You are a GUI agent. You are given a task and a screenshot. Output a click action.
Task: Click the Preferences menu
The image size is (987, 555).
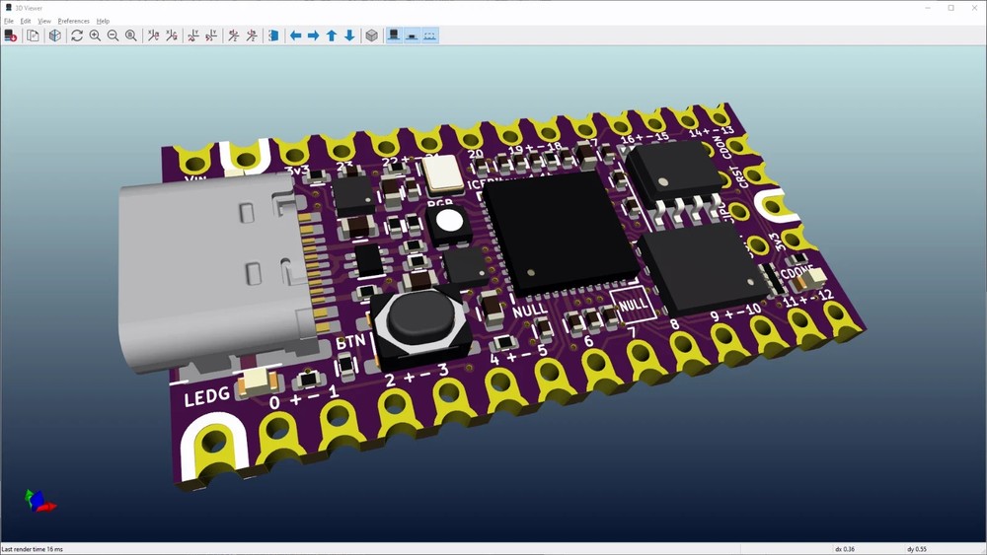click(x=73, y=21)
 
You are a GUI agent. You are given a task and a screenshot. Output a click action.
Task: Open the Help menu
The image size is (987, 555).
click(x=103, y=21)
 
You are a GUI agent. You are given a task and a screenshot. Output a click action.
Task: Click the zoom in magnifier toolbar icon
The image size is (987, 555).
click(x=95, y=35)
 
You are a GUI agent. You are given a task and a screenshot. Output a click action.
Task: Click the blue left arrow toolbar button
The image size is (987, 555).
click(x=295, y=35)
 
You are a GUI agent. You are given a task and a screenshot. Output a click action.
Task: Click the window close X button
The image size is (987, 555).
click(x=972, y=8)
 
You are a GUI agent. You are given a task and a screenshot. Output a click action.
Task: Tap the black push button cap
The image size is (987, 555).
click(x=414, y=316)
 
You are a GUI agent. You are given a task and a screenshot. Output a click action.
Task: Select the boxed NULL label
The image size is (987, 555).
click(x=633, y=304)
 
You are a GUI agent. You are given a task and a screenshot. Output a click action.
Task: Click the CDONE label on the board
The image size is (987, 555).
click(x=797, y=273)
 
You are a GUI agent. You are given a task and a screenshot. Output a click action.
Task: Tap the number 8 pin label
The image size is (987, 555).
click(x=674, y=325)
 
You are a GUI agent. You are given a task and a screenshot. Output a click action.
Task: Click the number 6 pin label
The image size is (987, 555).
click(x=589, y=341)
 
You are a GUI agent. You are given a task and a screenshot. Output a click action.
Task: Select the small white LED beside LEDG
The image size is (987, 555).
click(x=258, y=379)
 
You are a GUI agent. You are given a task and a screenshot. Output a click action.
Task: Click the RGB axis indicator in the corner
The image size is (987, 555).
click(x=38, y=501)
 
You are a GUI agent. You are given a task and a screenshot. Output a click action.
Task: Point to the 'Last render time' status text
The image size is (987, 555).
click(x=32, y=549)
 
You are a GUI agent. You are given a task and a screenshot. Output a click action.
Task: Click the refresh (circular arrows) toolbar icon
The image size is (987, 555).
click(x=77, y=35)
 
